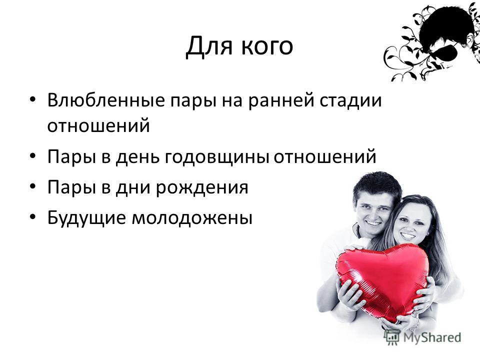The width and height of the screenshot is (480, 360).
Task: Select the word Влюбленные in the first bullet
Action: [x=106, y=100]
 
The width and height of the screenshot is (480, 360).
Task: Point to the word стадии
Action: [x=351, y=100]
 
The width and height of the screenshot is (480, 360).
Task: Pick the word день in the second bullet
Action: [x=138, y=157]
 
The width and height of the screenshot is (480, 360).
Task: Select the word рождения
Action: [x=202, y=188]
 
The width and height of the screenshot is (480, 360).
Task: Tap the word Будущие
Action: [x=86, y=218]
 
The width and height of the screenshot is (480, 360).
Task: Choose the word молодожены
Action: [x=192, y=218]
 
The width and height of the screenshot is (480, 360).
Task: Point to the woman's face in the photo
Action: [x=409, y=223]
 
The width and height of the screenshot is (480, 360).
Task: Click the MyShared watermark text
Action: [x=432, y=337]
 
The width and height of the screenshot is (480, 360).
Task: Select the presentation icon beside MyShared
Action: [x=392, y=337]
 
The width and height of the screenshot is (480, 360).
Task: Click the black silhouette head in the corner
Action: [x=447, y=31]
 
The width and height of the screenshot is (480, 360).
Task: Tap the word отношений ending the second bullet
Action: [x=325, y=156]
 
